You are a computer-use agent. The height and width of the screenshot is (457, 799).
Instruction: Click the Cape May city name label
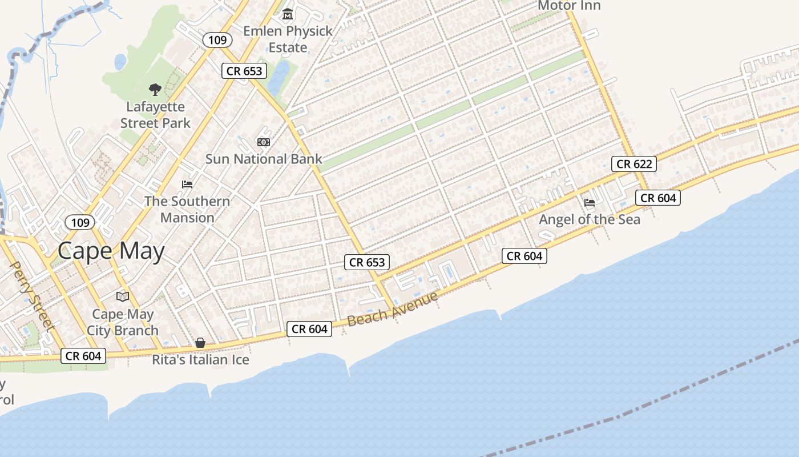(111, 251)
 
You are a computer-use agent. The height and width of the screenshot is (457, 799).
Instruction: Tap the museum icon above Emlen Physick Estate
(288, 14)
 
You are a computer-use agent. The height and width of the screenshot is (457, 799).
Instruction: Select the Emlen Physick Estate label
(288, 39)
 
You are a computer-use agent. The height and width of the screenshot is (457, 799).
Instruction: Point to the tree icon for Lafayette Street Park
(155, 89)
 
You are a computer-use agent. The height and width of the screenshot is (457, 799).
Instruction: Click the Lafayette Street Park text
(155, 115)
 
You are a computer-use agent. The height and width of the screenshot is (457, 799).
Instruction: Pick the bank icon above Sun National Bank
(263, 142)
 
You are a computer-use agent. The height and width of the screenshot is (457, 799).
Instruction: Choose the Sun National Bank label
(264, 159)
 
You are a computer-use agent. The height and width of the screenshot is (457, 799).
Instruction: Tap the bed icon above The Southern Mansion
(187, 185)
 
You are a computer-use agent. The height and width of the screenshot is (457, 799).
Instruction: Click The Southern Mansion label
(187, 209)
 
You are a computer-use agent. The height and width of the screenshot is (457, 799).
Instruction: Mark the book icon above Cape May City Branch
(123, 296)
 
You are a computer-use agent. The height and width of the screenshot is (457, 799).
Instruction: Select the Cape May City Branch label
(123, 322)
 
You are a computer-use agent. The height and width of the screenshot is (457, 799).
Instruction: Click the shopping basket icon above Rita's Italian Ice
(200, 343)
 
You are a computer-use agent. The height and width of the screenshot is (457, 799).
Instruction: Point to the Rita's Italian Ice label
(200, 360)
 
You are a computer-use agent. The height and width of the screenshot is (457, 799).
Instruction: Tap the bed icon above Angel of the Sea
(590, 203)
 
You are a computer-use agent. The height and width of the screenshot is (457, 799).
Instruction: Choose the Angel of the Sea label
(590, 219)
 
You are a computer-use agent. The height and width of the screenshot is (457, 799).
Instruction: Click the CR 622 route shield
(633, 164)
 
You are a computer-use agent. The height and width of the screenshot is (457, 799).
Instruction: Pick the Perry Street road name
(32, 296)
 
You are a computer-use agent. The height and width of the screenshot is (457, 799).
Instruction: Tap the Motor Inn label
(569, 6)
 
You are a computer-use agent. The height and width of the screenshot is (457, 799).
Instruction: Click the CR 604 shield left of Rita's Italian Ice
(83, 356)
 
